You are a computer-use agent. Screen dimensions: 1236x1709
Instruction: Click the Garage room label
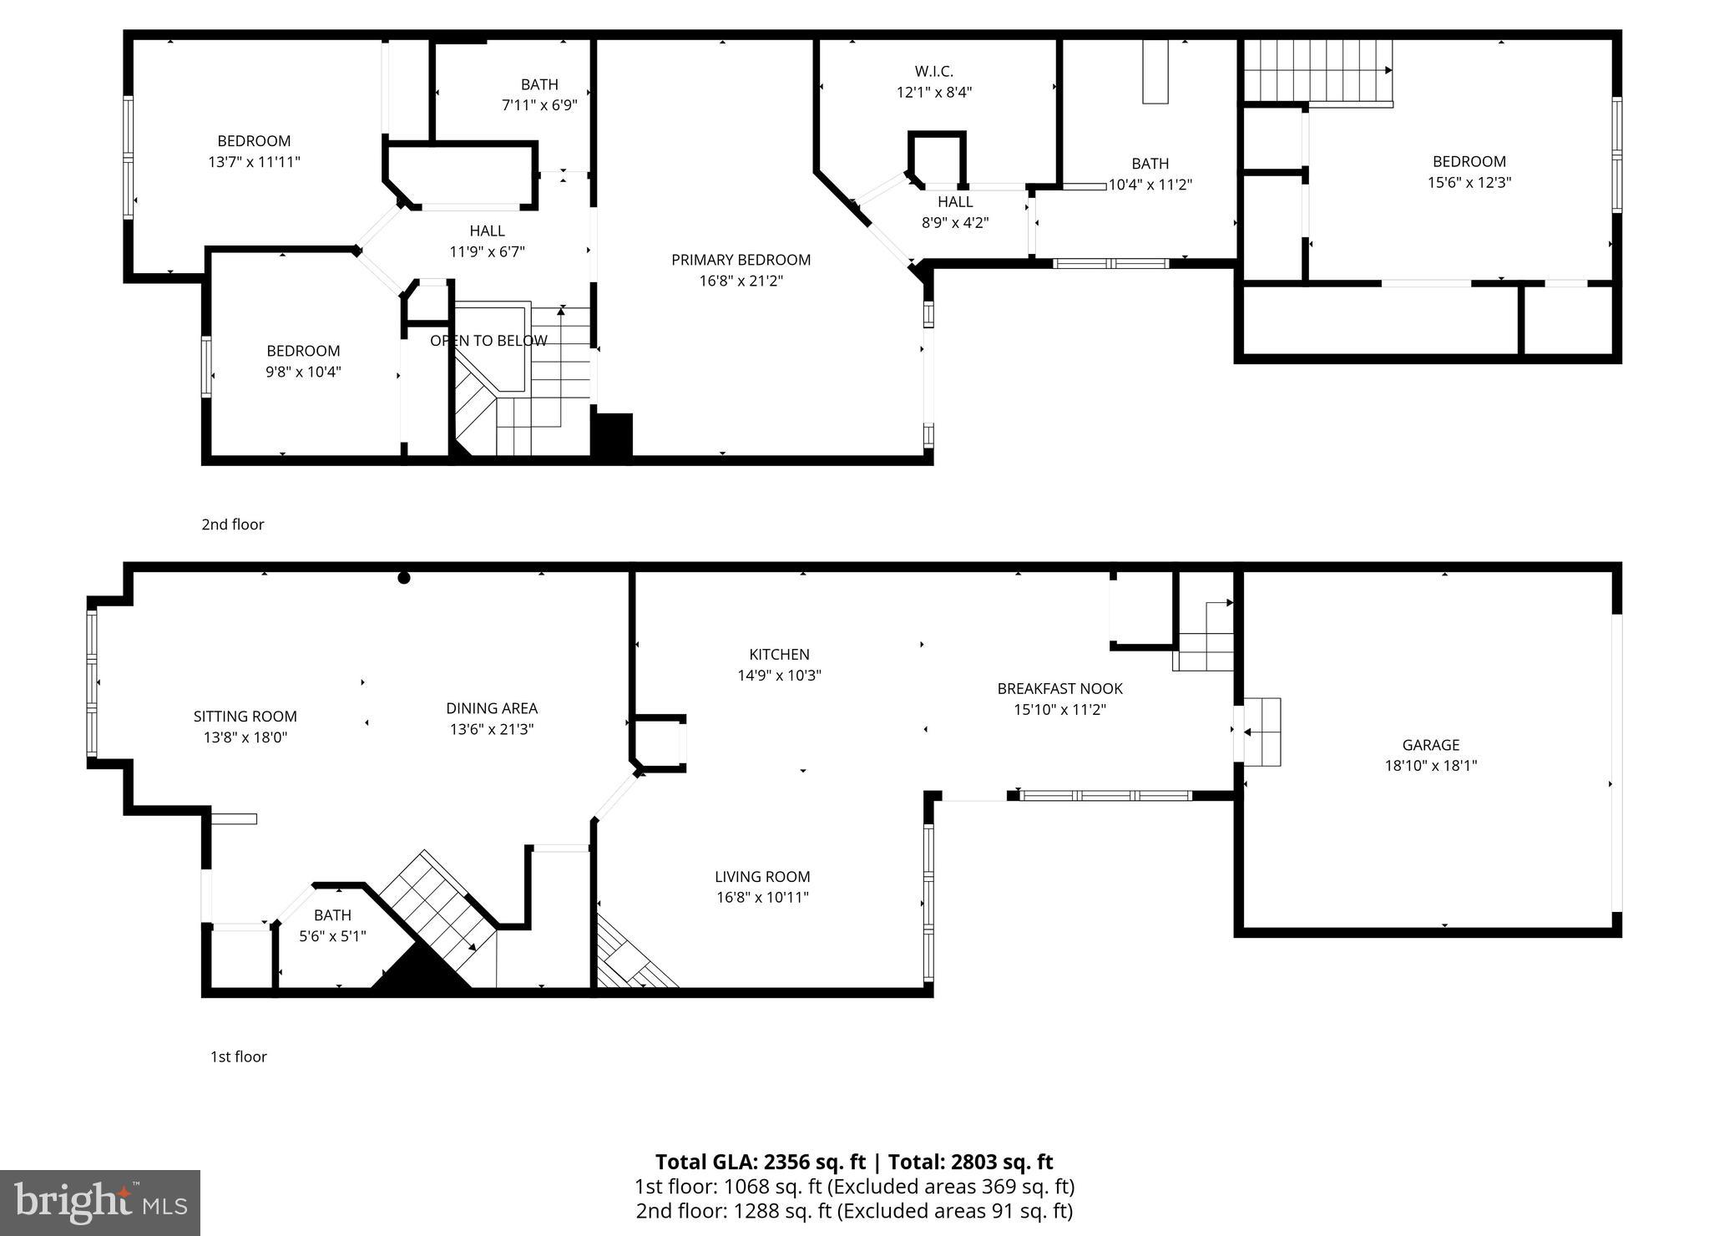pyautogui.click(x=1430, y=745)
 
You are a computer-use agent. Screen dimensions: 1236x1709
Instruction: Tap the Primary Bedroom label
pyautogui.click(x=741, y=260)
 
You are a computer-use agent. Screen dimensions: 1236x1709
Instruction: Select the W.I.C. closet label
pyautogui.click(x=933, y=72)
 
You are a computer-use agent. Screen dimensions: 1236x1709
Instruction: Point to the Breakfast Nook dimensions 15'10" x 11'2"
pyautogui.click(x=1059, y=710)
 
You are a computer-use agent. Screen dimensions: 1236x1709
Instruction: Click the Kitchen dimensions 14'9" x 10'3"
pyautogui.click(x=779, y=676)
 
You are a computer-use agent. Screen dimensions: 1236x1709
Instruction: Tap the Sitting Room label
pyautogui.click(x=245, y=717)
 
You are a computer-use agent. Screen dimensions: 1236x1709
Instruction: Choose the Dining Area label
pyautogui.click(x=491, y=708)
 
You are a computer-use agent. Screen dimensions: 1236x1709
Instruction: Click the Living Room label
pyautogui.click(x=761, y=877)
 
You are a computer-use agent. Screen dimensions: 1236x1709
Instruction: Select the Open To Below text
pyautogui.click(x=488, y=341)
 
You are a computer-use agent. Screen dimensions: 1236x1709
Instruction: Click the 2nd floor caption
pyautogui.click(x=232, y=524)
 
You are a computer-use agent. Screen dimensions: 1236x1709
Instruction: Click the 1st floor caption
pyautogui.click(x=238, y=1056)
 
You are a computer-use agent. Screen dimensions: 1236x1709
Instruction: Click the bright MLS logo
pyautogui.click(x=100, y=1203)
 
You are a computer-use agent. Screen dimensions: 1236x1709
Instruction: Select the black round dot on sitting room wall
pyautogui.click(x=404, y=578)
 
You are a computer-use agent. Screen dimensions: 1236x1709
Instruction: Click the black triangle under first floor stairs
pyautogui.click(x=420, y=974)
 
